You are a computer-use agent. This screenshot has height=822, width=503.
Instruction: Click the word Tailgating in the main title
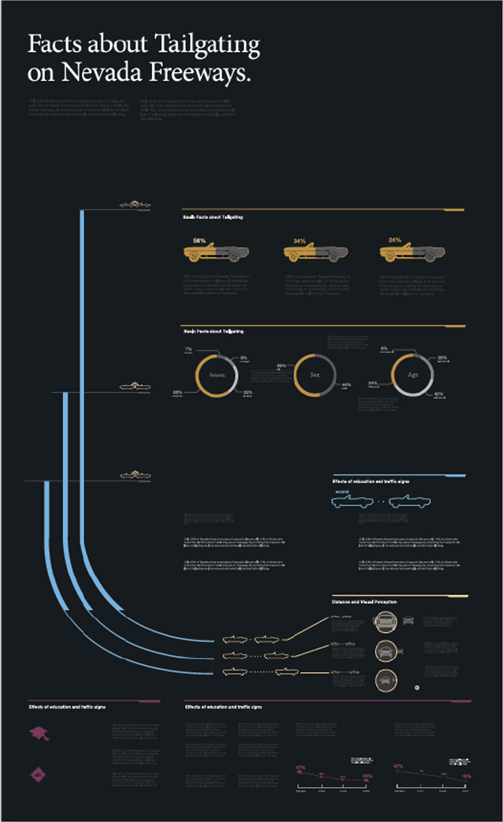208,45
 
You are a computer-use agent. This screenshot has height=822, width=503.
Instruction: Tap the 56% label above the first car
199,241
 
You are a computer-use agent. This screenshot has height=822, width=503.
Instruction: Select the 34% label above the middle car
300,241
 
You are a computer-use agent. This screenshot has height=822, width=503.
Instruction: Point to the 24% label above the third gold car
395,240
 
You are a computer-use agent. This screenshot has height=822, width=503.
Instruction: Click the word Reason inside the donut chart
217,375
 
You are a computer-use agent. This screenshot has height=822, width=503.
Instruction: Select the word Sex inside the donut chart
315,375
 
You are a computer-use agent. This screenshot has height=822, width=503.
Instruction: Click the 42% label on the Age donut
438,394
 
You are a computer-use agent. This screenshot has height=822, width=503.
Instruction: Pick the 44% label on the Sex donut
346,385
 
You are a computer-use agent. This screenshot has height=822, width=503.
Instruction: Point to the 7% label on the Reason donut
188,349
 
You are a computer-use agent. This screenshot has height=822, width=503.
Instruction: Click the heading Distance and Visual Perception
364,602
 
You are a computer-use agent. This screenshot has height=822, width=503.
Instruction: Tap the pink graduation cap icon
39,733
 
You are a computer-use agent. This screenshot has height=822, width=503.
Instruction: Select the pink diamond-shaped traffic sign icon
38,774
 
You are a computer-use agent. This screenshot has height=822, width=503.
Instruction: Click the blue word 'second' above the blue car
342,492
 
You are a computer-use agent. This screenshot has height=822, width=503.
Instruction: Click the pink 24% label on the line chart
368,776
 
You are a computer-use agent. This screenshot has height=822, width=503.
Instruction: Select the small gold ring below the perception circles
417,688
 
